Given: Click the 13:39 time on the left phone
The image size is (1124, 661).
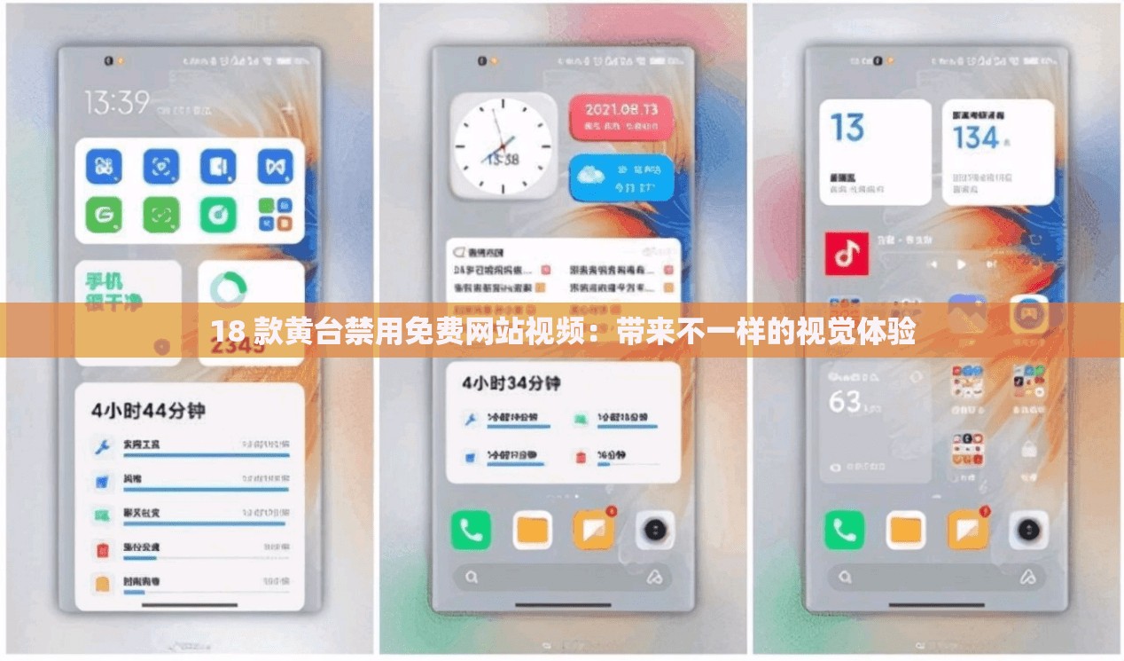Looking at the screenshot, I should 117,102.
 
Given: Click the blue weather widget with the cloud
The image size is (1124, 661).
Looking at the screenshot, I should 620,177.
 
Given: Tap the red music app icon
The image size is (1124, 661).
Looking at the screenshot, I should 847,254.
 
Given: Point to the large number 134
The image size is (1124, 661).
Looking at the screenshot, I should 976,138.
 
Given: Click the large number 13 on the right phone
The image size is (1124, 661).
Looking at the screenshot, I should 847,128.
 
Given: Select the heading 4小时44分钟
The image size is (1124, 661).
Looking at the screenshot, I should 148,410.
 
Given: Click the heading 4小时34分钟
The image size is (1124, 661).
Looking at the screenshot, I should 511,383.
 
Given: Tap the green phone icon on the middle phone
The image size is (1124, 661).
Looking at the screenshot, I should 471,531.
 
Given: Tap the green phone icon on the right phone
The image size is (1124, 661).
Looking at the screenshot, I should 844,531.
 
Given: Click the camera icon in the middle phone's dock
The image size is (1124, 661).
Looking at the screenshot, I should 655,531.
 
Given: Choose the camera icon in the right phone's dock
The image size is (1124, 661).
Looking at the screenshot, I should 1028,531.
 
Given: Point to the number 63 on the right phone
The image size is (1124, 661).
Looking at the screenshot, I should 845,401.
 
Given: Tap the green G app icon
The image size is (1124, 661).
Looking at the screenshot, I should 104,214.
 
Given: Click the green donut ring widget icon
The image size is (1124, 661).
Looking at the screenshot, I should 229,287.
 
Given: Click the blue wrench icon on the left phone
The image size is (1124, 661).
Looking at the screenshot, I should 102,445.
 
